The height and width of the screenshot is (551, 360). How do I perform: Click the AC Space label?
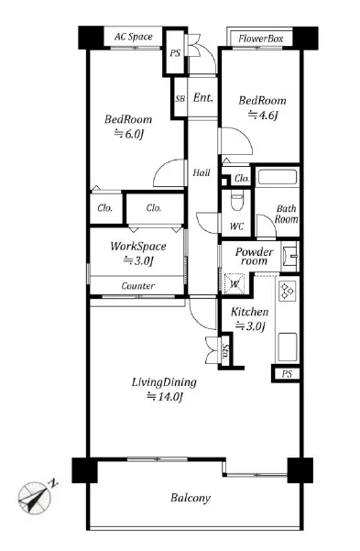[x=134, y=37]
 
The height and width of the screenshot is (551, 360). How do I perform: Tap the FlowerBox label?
[x=260, y=39]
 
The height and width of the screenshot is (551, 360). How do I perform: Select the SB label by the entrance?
[x=180, y=99]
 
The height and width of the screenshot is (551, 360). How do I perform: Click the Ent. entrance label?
[x=203, y=97]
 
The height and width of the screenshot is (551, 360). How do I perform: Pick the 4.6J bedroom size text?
[x=263, y=115]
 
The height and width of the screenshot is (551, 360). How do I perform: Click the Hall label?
[x=202, y=172]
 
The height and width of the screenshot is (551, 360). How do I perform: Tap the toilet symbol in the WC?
[x=237, y=200]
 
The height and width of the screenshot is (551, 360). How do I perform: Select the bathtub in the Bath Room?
[x=278, y=176]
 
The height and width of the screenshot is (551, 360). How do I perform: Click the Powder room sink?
[x=290, y=256]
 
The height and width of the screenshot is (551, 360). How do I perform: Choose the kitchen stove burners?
[x=288, y=292]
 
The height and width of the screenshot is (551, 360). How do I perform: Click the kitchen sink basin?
[x=288, y=347]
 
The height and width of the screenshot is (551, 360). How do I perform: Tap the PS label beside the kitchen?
[x=287, y=374]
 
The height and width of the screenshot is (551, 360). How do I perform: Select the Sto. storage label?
[x=225, y=351]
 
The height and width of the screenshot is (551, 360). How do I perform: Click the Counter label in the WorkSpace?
[x=138, y=286]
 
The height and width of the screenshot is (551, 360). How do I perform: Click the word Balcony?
[x=191, y=498]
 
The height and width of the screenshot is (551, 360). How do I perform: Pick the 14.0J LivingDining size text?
[x=165, y=397]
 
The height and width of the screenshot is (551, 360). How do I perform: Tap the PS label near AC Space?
[x=175, y=53]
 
